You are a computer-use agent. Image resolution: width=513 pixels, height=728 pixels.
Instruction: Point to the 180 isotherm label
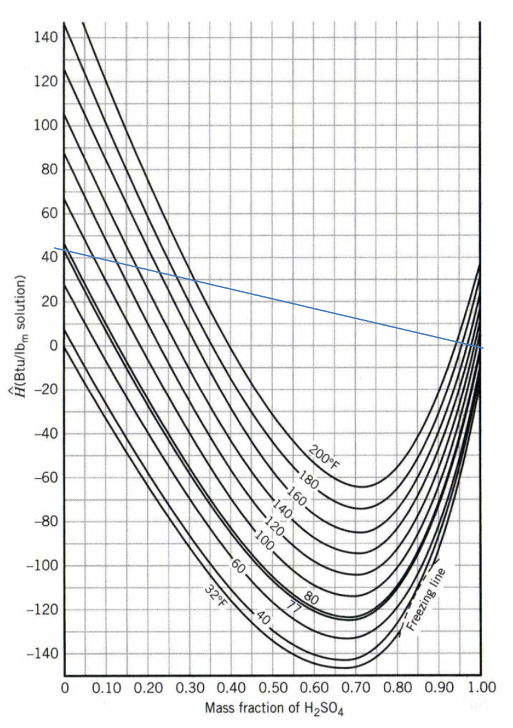309,479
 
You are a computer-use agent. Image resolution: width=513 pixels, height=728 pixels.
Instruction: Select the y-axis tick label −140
42,654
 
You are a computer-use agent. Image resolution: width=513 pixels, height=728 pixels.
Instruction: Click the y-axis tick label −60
44,478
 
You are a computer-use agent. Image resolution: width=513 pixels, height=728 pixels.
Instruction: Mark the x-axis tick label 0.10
105,688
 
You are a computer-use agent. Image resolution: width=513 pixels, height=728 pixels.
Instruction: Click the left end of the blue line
55,248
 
